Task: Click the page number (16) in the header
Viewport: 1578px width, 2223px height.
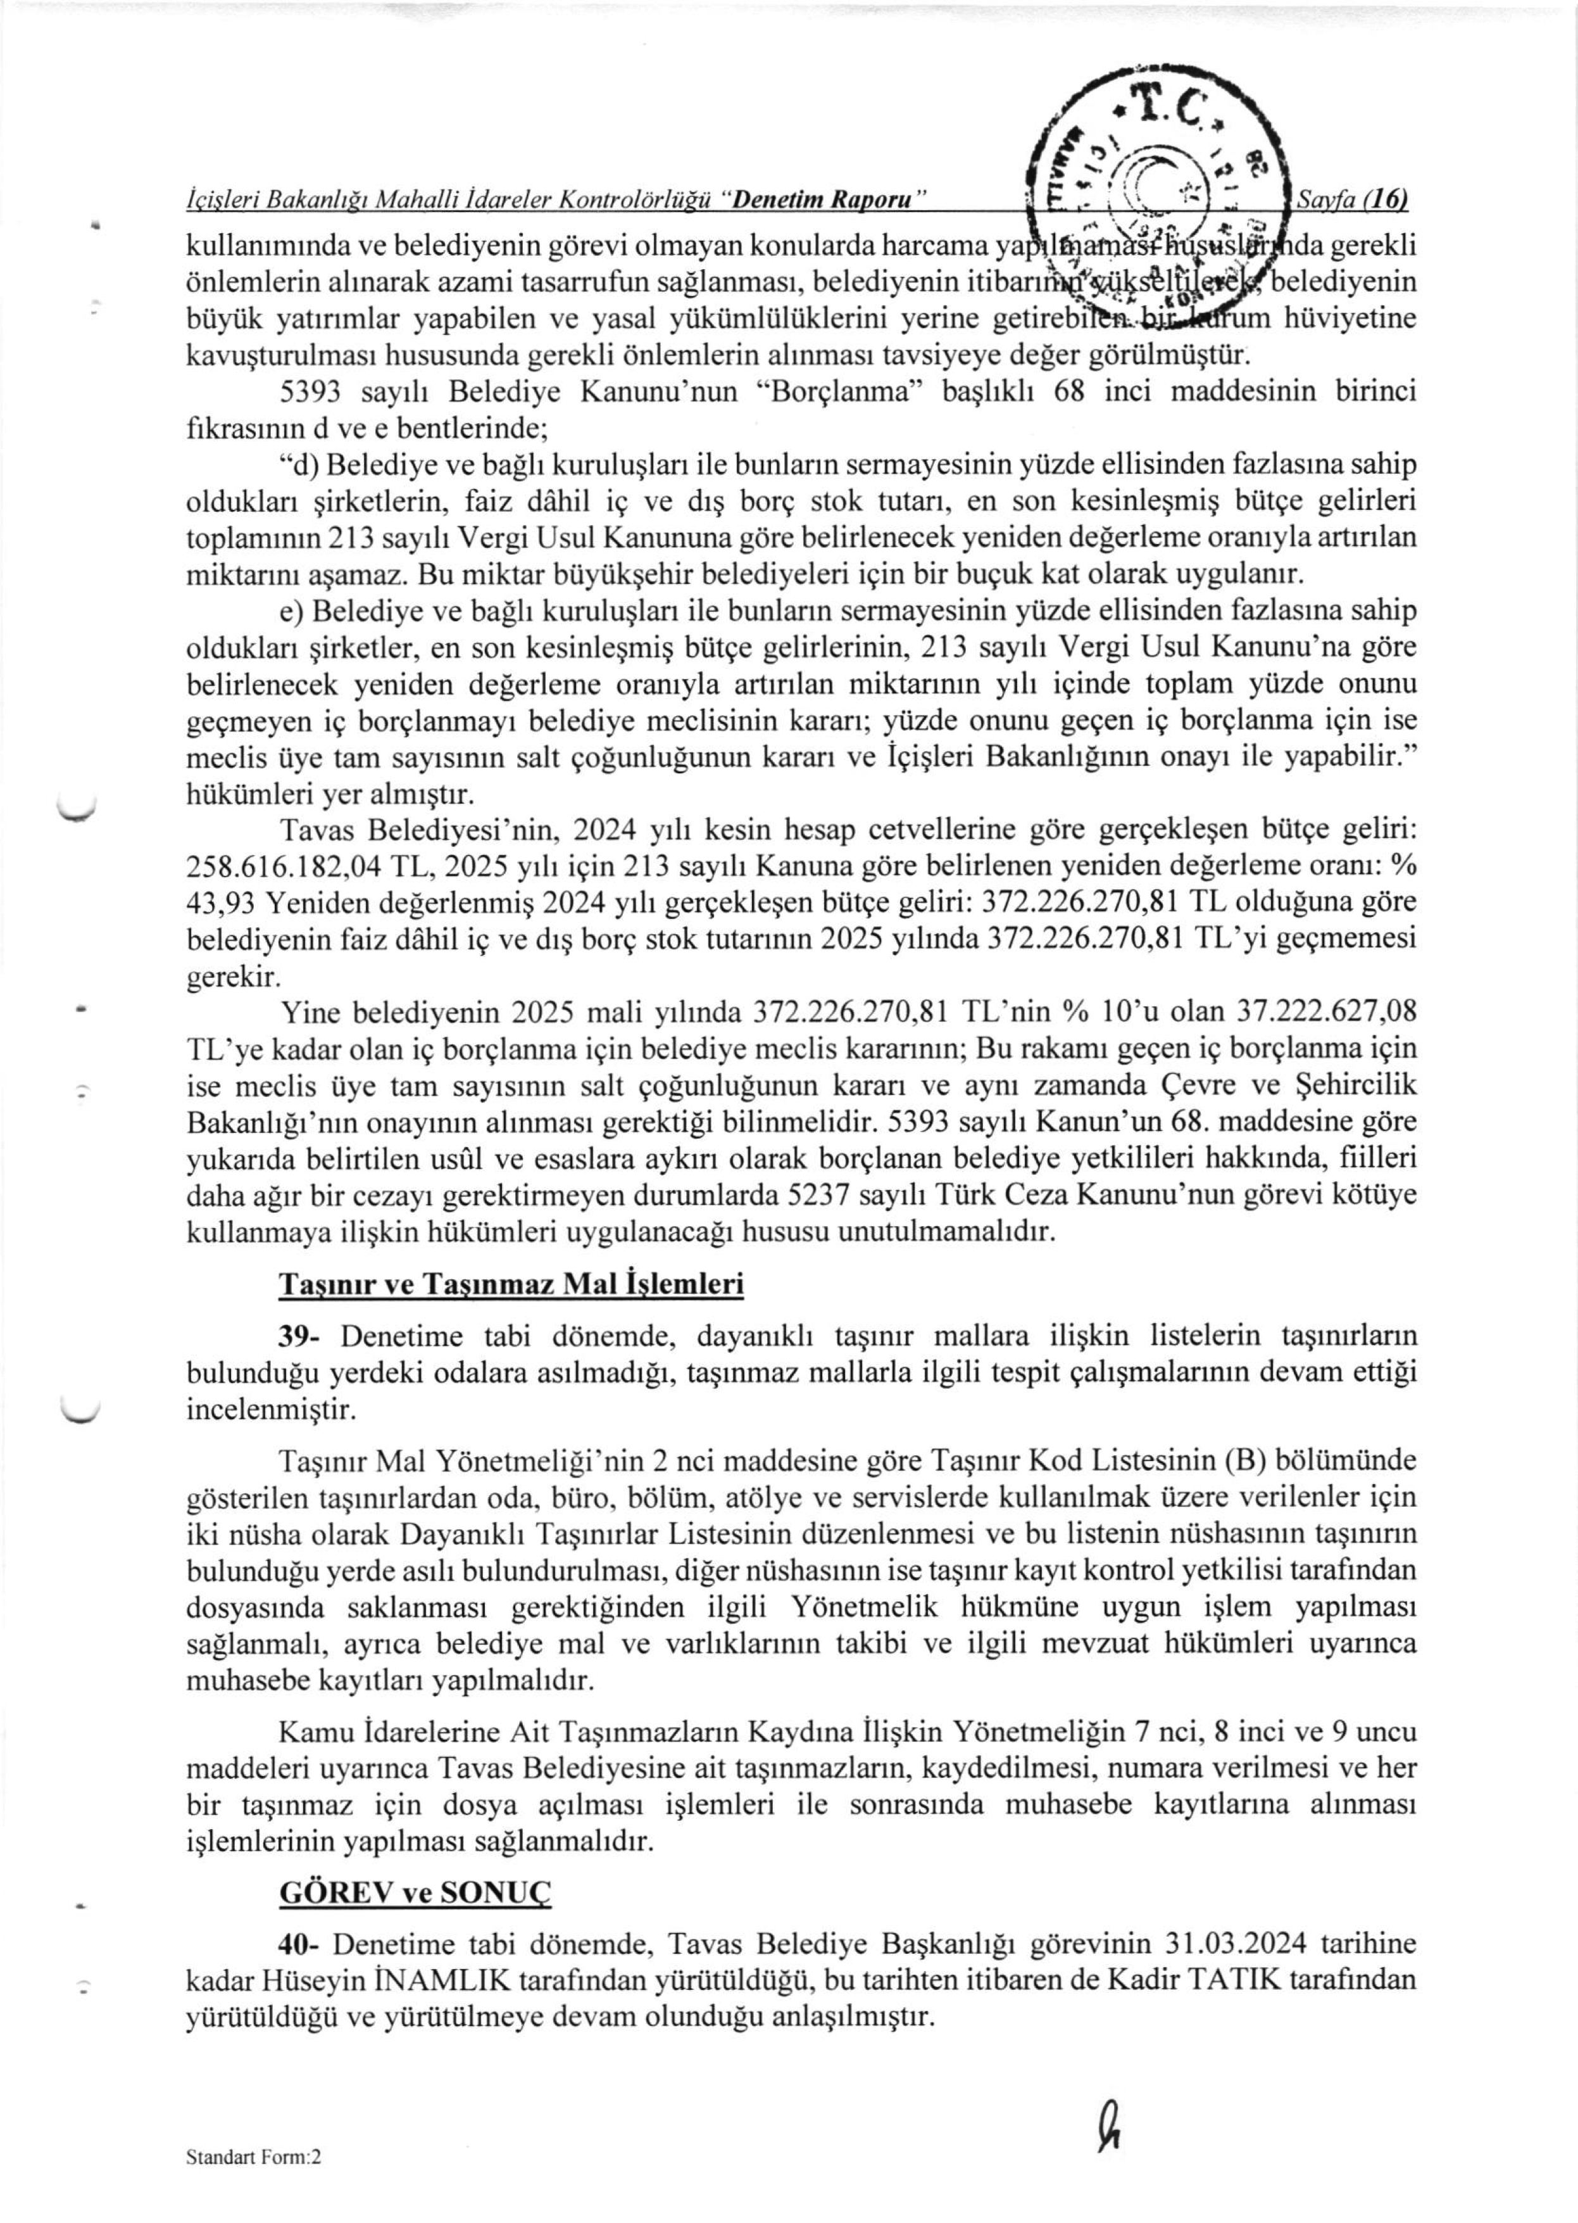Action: point(1386,199)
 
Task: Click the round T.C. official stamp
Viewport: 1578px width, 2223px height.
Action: point(1158,175)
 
